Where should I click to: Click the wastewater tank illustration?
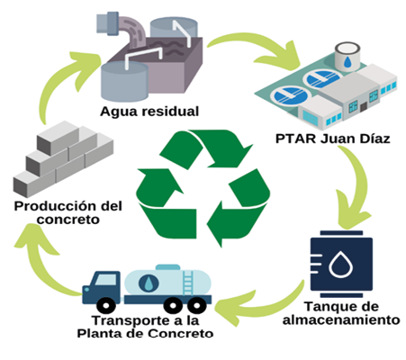tap(149, 54)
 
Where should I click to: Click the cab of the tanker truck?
tap(102, 286)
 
